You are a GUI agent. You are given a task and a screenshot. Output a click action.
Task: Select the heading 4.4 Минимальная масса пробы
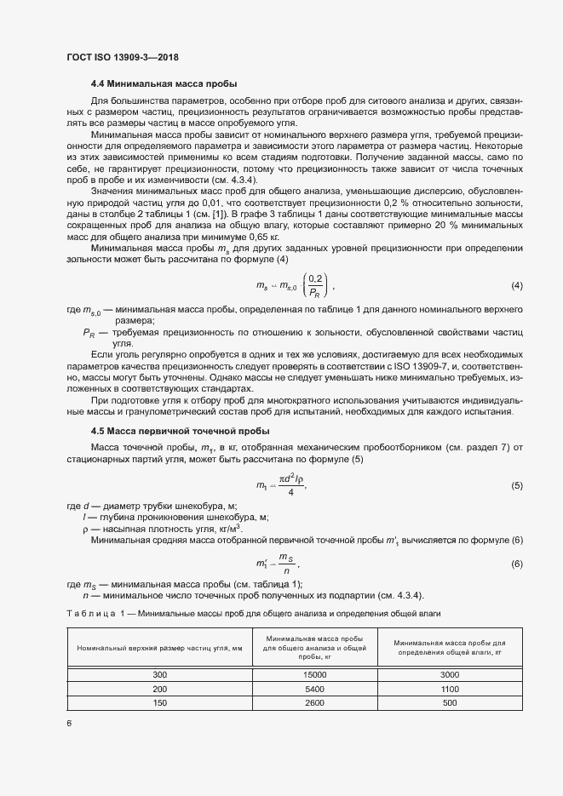164,83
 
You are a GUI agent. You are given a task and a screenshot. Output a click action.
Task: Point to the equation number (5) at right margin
516,485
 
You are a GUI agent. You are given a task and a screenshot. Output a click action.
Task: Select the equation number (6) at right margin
516,564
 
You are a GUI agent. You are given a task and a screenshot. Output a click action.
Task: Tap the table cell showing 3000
450,674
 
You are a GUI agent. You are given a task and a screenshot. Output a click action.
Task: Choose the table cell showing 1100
450,688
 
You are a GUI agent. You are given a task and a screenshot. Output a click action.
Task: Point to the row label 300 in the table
160,674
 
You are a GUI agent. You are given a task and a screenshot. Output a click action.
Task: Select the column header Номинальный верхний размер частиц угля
160,649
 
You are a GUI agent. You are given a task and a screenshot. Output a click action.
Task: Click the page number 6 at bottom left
69,724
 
